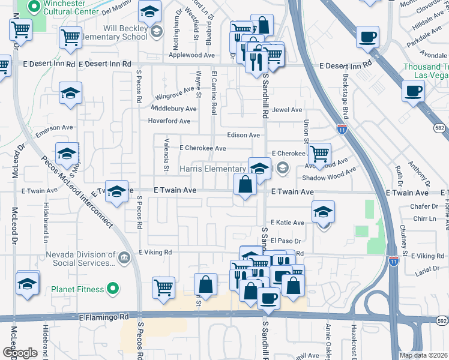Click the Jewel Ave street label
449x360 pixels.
287,110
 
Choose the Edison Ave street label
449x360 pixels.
243,136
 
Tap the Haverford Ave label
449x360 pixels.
169,121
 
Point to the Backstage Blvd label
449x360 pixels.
346,88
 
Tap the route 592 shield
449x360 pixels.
442,321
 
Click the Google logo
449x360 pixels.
20,352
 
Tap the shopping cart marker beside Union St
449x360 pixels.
319,154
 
